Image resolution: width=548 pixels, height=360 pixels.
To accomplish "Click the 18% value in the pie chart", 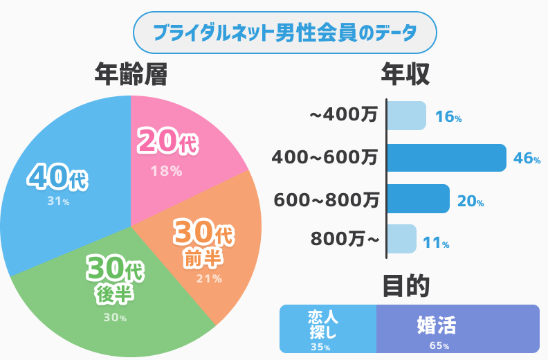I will click(166, 170).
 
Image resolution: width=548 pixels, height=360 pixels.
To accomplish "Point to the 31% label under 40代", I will click(58, 201).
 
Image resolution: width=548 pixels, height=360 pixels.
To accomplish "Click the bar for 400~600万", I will click(446, 158).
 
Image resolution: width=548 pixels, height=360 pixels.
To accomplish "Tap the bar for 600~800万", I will click(418, 199).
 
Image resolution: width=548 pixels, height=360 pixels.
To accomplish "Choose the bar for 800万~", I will click(401, 240).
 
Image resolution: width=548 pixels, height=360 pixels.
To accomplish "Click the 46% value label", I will click(527, 159).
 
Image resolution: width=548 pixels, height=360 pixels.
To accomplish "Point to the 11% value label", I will click(436, 243).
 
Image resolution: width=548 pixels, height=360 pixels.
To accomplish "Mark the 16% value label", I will click(448, 118).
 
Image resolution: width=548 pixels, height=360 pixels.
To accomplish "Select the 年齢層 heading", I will click(131, 75).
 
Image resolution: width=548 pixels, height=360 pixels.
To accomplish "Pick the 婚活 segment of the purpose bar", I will click(457, 329).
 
